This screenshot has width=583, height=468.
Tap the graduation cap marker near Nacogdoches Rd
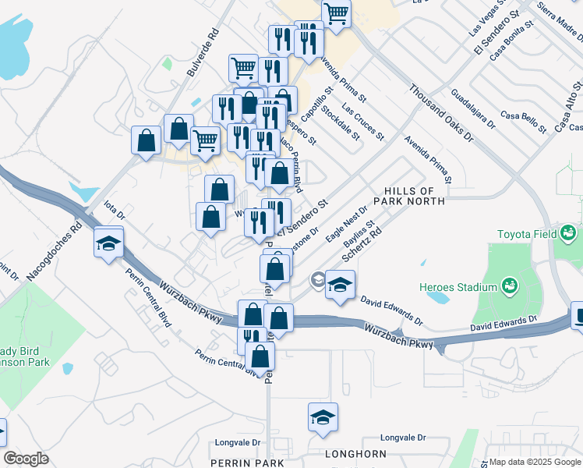pos(109,242)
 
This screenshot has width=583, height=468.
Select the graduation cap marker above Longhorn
pos(323,417)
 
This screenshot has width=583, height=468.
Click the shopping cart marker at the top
pos(336,12)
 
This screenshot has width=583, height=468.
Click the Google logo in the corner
pos(26,459)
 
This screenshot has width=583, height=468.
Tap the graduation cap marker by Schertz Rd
pos(340,285)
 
